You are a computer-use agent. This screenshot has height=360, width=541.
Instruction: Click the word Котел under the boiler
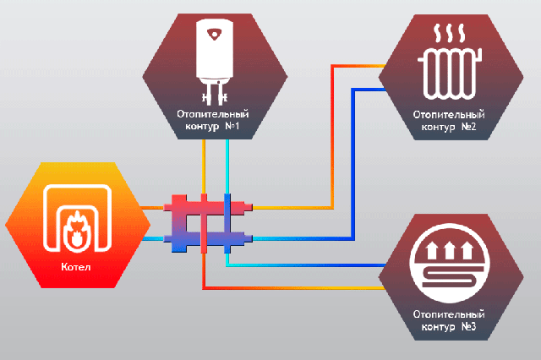point(76,267)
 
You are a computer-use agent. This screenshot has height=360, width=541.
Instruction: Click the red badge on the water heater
point(215,35)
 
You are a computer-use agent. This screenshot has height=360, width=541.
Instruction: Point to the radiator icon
point(450,74)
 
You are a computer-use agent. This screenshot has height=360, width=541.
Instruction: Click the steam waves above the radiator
point(449,34)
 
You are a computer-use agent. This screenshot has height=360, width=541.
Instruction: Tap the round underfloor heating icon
point(450,263)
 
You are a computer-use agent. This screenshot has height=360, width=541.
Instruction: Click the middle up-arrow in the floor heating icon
point(449,250)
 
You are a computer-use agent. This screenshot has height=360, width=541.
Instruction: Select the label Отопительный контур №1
point(212,120)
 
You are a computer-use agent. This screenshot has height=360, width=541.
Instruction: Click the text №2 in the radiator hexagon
point(468,127)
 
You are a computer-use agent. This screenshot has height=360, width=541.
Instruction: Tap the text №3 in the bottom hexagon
point(468,326)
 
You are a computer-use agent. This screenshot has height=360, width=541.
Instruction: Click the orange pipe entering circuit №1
point(204,166)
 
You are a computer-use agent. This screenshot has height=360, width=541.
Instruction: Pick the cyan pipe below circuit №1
point(227,166)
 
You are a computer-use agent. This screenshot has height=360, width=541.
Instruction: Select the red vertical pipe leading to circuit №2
point(332,137)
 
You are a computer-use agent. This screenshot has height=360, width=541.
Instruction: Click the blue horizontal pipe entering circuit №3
point(306,265)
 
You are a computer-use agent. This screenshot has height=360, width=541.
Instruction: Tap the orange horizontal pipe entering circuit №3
point(294,287)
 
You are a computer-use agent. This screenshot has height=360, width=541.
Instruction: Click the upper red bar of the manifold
point(208,207)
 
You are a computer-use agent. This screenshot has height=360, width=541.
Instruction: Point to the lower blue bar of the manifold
point(208,238)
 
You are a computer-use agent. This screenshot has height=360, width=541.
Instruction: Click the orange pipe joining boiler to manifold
point(153,208)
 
